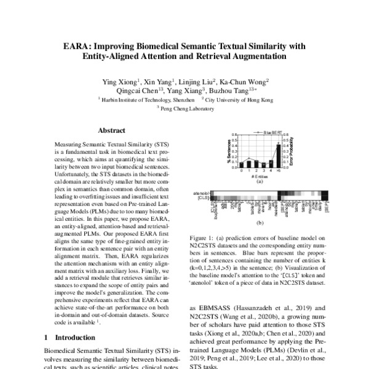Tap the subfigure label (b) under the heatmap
tap(259, 223)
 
